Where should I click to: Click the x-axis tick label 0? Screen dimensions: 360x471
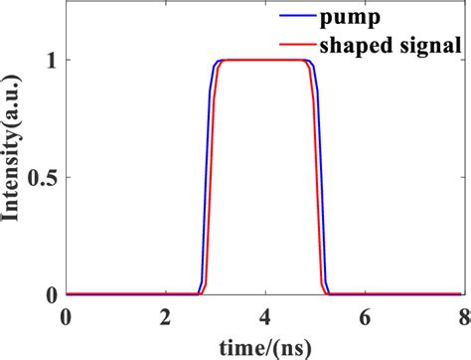tap(66, 317)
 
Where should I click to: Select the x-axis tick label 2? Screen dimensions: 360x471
tap(165, 317)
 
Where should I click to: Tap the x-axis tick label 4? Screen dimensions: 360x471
tap(264, 317)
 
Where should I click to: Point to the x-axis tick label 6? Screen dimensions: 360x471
tap(364, 317)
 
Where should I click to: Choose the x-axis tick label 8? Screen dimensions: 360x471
tap(462, 317)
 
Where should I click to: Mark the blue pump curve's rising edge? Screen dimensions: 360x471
tap(207, 179)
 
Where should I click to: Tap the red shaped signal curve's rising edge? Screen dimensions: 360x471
tap(211, 179)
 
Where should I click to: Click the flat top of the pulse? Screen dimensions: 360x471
tap(264, 61)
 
